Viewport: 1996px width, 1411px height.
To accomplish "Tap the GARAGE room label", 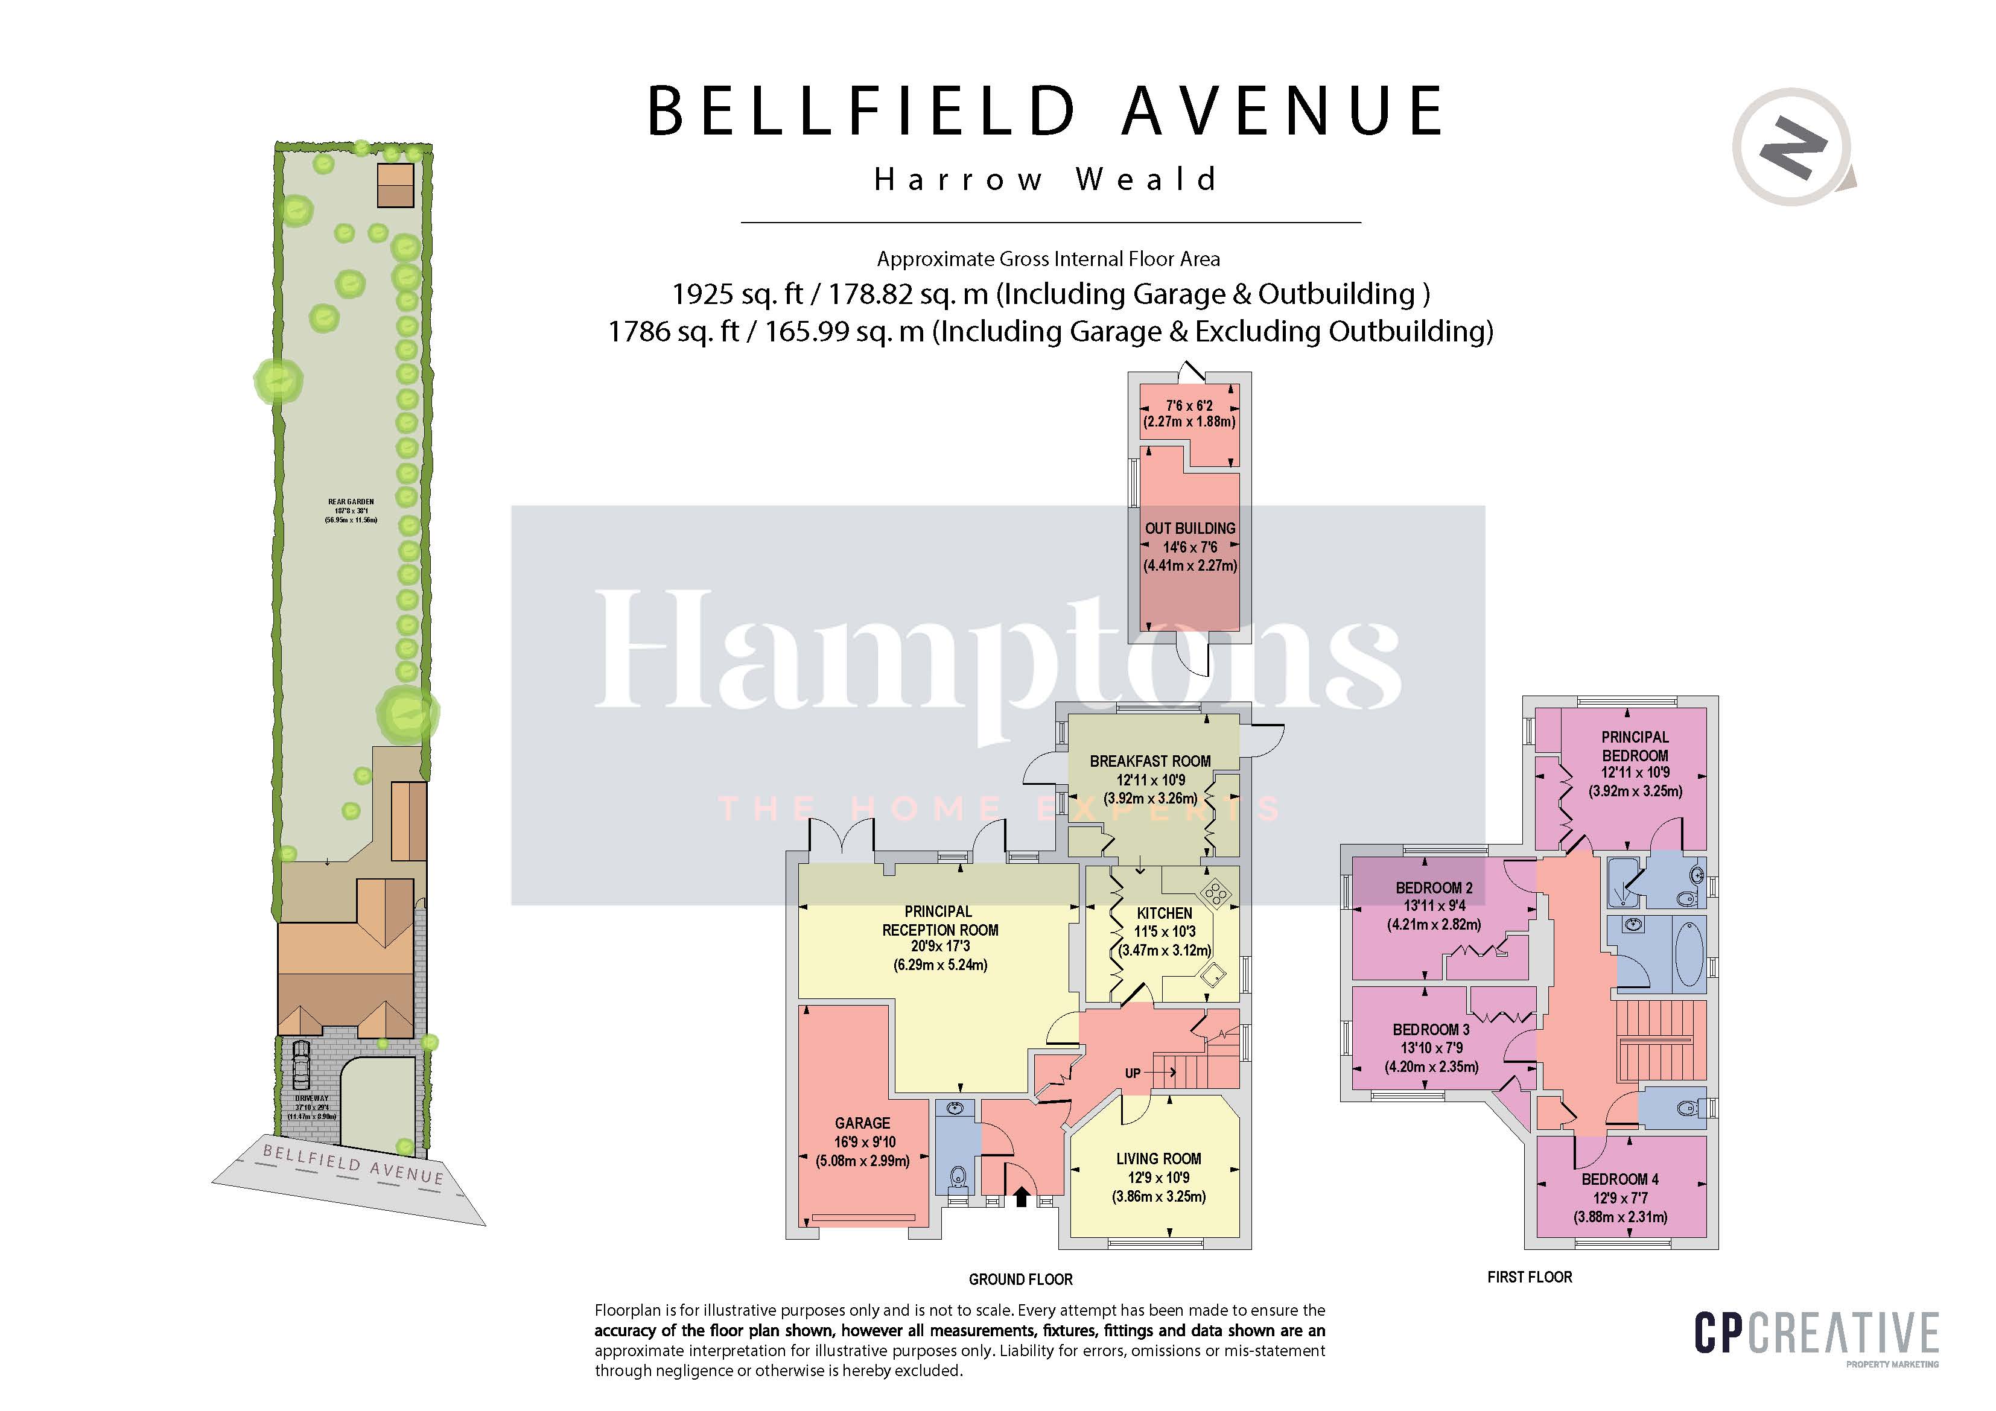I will [x=862, y=1123].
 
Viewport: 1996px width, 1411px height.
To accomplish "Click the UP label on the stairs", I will [x=1132, y=1073].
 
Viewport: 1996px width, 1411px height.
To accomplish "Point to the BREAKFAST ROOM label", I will [x=1149, y=761].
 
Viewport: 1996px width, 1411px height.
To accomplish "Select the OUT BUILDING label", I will [x=1189, y=528].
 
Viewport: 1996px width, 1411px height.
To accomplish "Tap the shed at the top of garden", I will [x=396, y=185].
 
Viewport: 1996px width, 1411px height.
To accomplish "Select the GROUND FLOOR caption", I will [x=1020, y=1279].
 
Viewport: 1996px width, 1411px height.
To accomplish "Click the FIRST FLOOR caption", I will [x=1529, y=1277].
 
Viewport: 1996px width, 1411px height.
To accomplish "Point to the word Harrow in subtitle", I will [x=958, y=180].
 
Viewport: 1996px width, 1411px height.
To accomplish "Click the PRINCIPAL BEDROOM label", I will [x=1635, y=746].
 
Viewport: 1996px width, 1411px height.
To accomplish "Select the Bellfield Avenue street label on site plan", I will [x=353, y=1164].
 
